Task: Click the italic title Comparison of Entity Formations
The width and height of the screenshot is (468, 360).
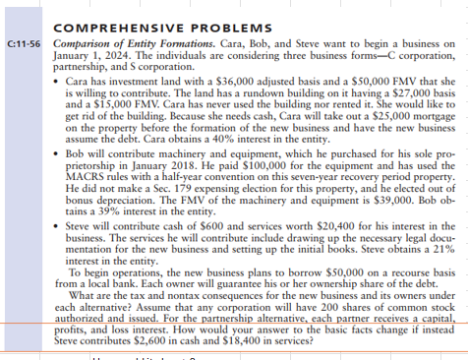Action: [x=121, y=45]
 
